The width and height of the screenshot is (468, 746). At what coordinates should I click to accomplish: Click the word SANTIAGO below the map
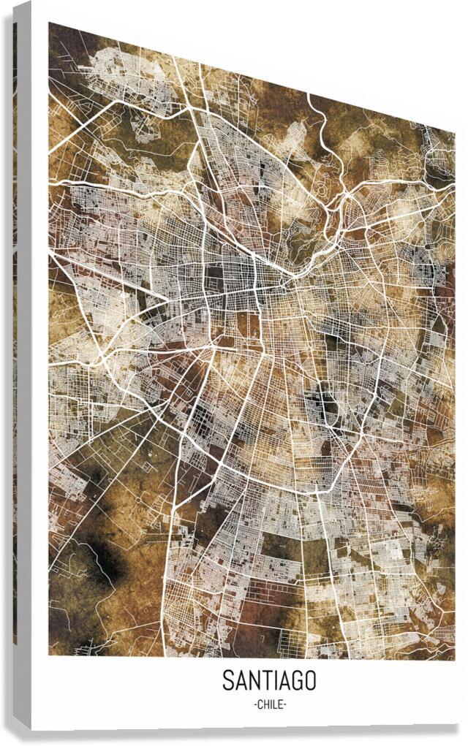coord(269,681)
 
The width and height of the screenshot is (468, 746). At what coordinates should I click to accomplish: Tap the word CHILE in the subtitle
coord(270,704)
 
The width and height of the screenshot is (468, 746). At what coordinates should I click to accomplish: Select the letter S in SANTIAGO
coord(228,681)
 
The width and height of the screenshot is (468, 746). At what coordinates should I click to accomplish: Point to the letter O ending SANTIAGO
coord(310,681)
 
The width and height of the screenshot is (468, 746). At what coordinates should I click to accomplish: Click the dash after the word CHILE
coord(285,704)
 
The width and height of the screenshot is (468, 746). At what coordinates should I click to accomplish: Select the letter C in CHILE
coord(260,704)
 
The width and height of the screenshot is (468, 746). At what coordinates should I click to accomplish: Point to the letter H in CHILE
coord(266,704)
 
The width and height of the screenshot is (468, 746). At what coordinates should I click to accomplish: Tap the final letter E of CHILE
coord(281,704)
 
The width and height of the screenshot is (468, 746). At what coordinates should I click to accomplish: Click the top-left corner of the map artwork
coord(50,23)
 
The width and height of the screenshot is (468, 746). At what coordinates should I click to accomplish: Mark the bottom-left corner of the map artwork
coord(50,655)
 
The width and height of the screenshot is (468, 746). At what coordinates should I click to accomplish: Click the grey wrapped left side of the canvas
coord(22,365)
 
